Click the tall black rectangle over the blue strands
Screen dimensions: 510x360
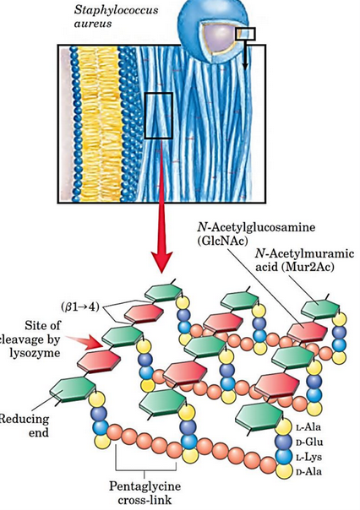pyautogui.click(x=159, y=116)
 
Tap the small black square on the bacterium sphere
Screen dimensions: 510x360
pyautogui.click(x=244, y=33)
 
